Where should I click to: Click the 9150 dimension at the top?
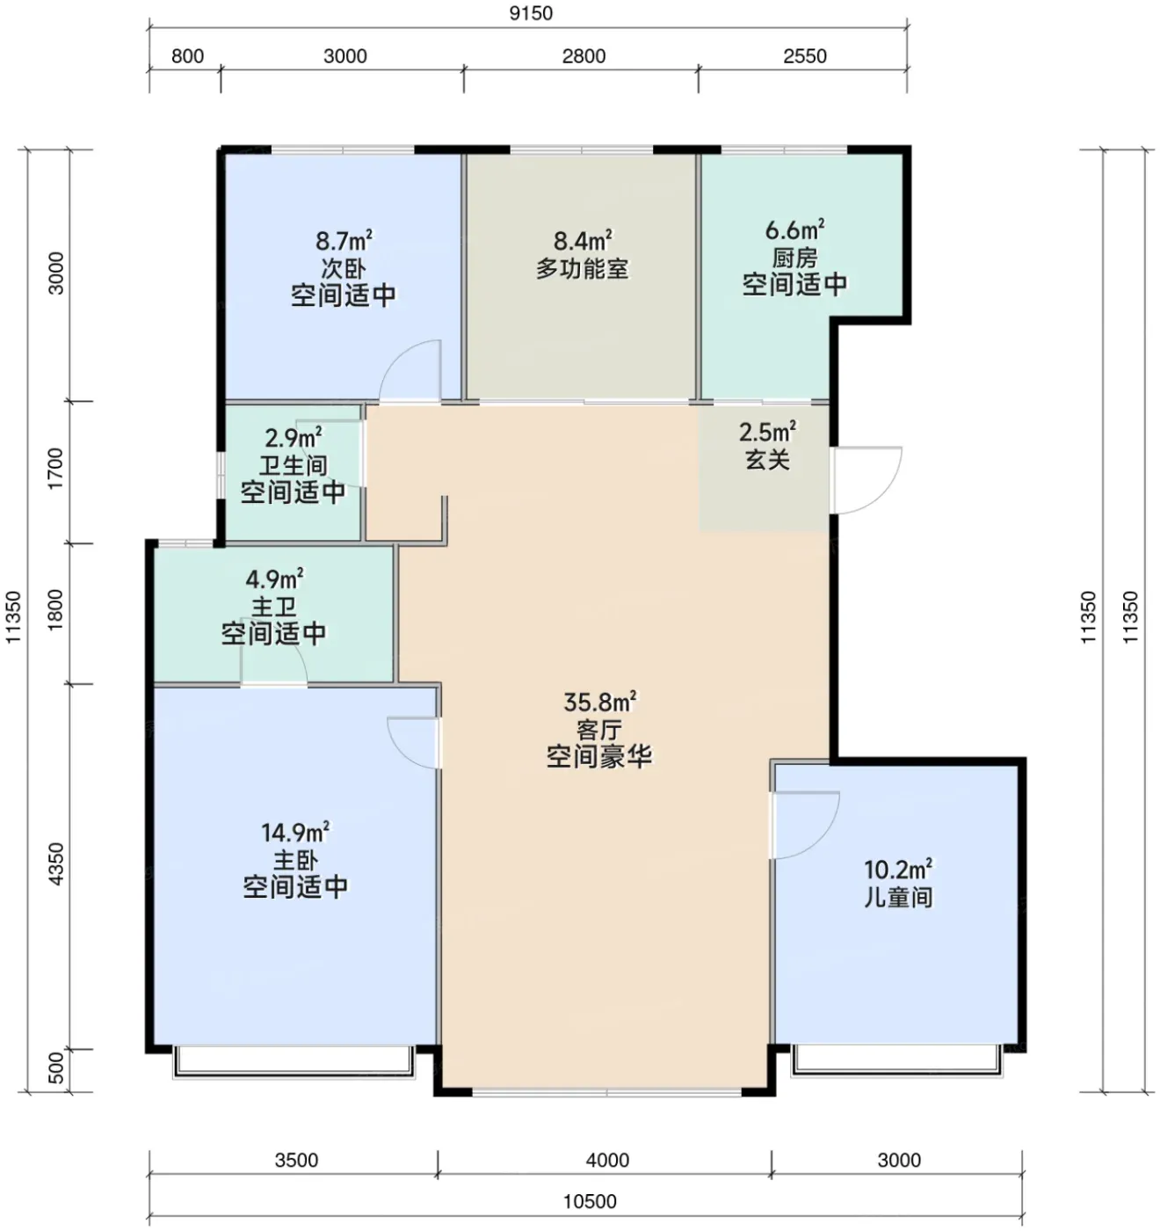tap(531, 13)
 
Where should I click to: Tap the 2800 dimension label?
tap(584, 56)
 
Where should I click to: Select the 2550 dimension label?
tap(805, 56)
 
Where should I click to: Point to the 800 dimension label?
tap(187, 56)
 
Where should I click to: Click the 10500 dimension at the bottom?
tap(590, 1202)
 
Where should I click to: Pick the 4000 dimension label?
tap(607, 1160)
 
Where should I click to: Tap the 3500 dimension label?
tap(296, 1160)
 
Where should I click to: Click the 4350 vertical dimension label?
tap(55, 864)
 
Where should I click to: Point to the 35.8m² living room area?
tap(600, 703)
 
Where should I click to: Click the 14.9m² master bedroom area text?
tap(295, 832)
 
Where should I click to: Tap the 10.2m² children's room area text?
tap(898, 870)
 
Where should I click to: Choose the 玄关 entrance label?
tap(767, 460)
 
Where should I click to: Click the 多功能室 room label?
tap(583, 269)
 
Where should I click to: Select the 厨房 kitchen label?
tap(794, 258)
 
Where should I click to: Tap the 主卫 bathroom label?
tap(273, 607)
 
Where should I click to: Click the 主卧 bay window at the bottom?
tap(294, 1062)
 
